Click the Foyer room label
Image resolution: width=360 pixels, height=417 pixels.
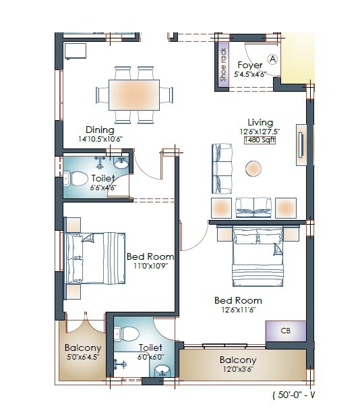(250, 65)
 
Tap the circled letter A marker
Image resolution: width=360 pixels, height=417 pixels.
(273, 59)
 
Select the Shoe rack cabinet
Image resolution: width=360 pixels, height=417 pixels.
(224, 65)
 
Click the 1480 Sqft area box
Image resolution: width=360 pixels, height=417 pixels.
(260, 140)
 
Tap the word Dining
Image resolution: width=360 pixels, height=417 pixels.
(99, 130)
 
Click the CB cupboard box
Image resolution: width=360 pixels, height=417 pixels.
(286, 331)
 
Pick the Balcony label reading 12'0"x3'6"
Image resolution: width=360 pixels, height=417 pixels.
(237, 370)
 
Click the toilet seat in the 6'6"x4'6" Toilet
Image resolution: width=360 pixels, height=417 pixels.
(78, 179)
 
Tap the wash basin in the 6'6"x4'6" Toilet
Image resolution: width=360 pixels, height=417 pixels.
(121, 163)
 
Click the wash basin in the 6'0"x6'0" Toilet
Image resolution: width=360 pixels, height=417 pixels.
(162, 371)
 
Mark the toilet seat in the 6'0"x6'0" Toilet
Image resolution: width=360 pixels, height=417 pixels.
(127, 333)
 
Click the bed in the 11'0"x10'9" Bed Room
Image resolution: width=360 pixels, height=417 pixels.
(95, 258)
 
